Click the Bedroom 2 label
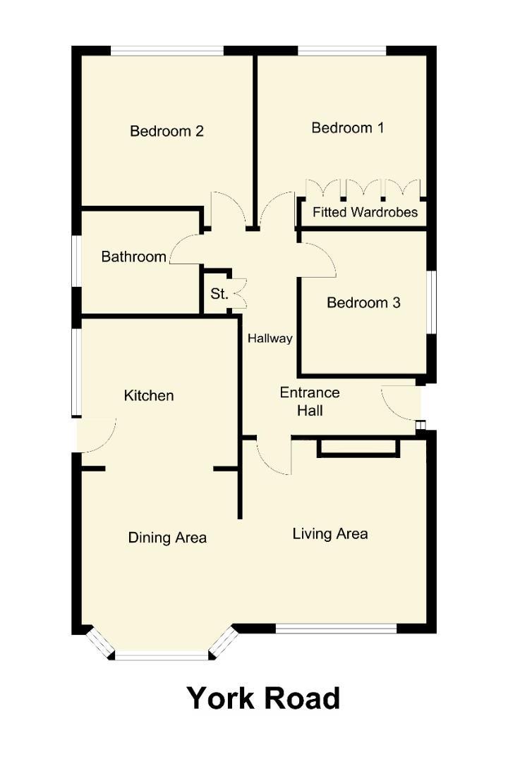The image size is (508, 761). tap(167, 131)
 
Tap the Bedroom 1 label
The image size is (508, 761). tap(348, 128)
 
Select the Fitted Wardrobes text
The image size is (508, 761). tap(365, 212)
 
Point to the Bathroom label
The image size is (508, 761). tap(133, 256)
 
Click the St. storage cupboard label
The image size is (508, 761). tap(219, 294)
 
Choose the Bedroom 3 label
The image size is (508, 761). tap(363, 303)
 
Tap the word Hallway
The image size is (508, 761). tap(270, 339)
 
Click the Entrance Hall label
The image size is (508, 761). tap(310, 401)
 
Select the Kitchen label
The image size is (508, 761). tap(148, 396)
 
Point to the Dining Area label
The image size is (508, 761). tap(167, 538)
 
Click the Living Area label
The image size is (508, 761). tap(330, 534)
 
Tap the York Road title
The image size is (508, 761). tap(263, 698)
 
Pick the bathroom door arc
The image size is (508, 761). tap(185, 248)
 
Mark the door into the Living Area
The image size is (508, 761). tap(272, 457)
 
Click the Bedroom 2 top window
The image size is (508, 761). tap(167, 51)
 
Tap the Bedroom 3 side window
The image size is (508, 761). tap(430, 302)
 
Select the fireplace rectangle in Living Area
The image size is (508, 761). tap(358, 447)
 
